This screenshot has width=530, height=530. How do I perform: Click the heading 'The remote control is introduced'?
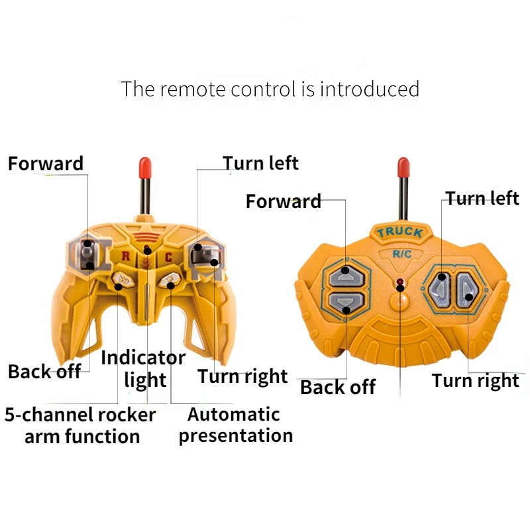pos(270,89)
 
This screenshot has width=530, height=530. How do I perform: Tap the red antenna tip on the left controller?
pos(143,166)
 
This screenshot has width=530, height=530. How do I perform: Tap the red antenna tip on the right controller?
pos(402,166)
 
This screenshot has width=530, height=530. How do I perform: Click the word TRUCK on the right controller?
pos(399,232)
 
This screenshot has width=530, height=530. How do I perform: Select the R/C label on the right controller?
pos(402,253)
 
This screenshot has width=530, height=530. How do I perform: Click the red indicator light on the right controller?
pos(400,284)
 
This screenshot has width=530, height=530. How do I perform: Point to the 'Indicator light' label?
pos(143,368)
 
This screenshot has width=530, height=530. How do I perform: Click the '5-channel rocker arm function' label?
pos(81,426)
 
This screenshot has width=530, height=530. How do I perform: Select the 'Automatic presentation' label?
pos(235,425)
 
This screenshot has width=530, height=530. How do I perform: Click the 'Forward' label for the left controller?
pos(46,164)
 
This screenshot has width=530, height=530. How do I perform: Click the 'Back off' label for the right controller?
pos(338,387)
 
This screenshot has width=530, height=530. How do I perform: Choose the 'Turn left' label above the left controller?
pos(260,163)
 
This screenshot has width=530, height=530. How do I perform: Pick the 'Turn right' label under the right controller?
pos(475,380)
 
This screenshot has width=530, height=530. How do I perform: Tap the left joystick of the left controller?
pos(87,254)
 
